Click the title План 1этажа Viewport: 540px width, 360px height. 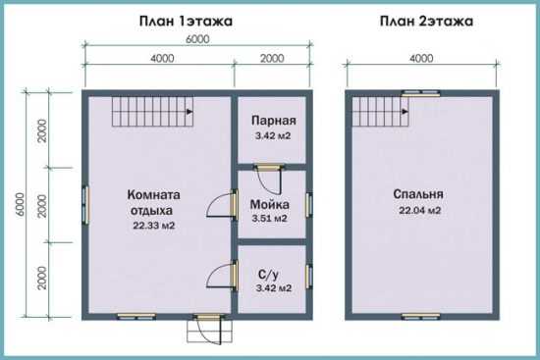pyautogui.click(x=186, y=22)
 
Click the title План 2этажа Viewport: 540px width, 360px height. pyautogui.click(x=426, y=22)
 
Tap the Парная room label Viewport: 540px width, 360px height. pyautogui.click(x=274, y=121)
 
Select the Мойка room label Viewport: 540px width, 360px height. pyautogui.click(x=270, y=204)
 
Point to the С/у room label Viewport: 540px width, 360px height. pyautogui.click(x=269, y=275)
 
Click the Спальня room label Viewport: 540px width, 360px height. pyautogui.click(x=418, y=194)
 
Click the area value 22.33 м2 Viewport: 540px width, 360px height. pyautogui.click(x=154, y=226)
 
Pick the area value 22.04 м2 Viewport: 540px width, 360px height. pyautogui.click(x=420, y=210)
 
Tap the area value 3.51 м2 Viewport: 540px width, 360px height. pyautogui.click(x=269, y=219)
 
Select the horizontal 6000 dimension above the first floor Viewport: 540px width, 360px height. pyautogui.click(x=197, y=39)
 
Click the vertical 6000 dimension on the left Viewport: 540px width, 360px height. pyautogui.click(x=21, y=204)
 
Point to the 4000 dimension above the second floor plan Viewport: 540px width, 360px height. pyautogui.click(x=421, y=58)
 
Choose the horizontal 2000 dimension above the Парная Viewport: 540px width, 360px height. pyautogui.click(x=272, y=58)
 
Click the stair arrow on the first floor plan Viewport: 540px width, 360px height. pyautogui.click(x=189, y=112)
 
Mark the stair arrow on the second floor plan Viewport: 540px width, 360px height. pyautogui.click(x=405, y=112)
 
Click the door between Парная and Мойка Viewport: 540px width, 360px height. pyautogui.click(x=269, y=168)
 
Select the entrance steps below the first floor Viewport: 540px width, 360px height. pyautogui.click(x=209, y=332)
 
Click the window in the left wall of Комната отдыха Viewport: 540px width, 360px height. pyautogui.click(x=85, y=205)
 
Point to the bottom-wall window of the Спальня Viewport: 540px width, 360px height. pyautogui.click(x=421, y=316)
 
